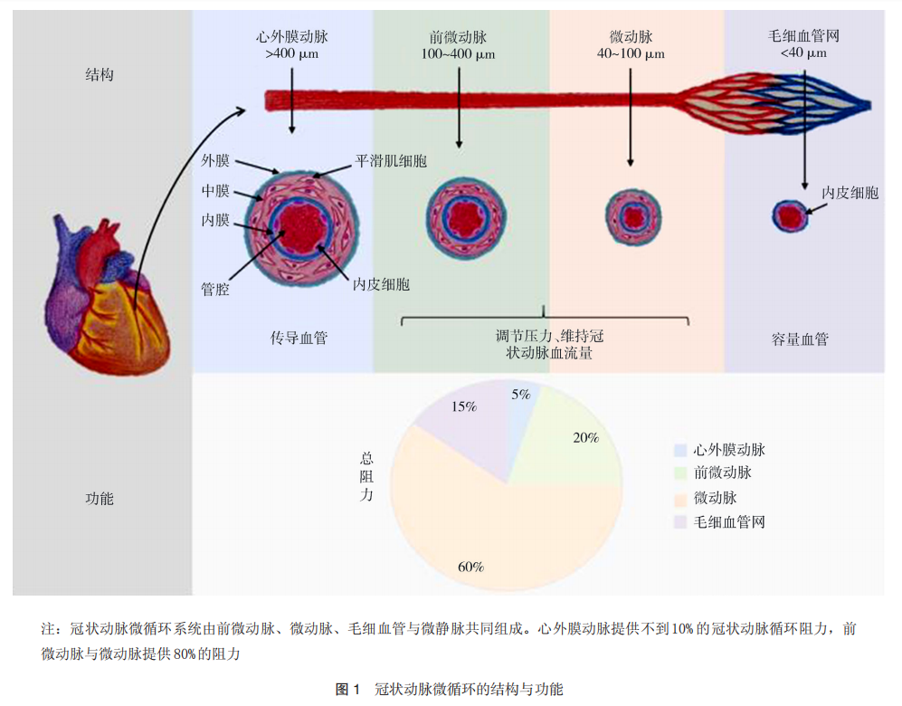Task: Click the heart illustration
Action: [x=108, y=295]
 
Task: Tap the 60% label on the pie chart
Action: [x=470, y=567]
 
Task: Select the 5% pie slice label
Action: [x=520, y=394]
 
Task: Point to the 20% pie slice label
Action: [x=585, y=437]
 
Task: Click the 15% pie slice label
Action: [x=463, y=406]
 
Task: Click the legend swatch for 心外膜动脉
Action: [x=680, y=450]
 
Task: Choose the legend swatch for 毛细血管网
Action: [x=680, y=522]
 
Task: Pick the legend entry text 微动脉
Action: [x=715, y=498]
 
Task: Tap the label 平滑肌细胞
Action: [x=391, y=161]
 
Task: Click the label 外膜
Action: [x=215, y=160]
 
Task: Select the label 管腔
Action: [x=215, y=289]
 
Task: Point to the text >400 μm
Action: [x=291, y=53]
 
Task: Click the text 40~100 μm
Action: [x=631, y=53]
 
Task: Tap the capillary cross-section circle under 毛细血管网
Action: [x=789, y=216]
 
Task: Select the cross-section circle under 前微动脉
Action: [x=466, y=218]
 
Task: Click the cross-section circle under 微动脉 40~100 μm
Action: [x=633, y=217]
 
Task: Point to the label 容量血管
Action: [x=800, y=339]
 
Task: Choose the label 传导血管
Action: [x=299, y=338]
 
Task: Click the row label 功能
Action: [x=100, y=499]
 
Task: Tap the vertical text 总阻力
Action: [x=366, y=476]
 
